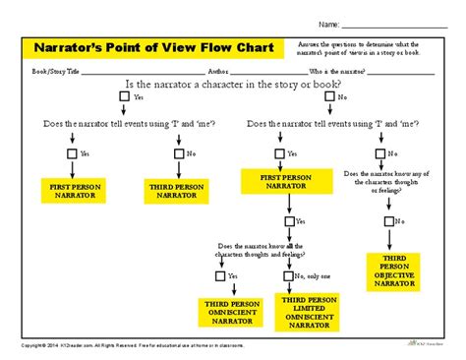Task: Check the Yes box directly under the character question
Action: click(x=123, y=98)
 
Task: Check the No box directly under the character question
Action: click(x=329, y=98)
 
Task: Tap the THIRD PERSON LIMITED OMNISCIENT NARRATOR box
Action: click(x=306, y=308)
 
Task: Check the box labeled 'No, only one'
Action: click(x=285, y=276)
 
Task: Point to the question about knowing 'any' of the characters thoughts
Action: click(x=390, y=182)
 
